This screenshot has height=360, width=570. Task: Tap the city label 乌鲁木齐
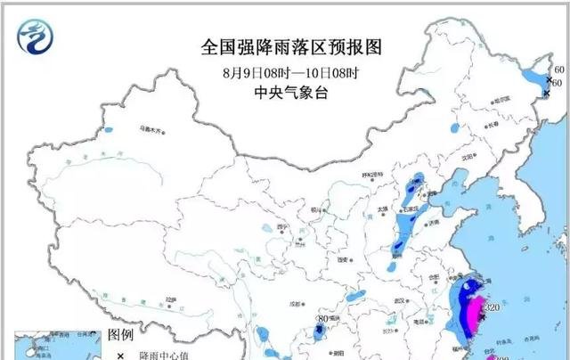click(151, 130)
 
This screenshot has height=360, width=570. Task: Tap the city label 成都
click(289, 303)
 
